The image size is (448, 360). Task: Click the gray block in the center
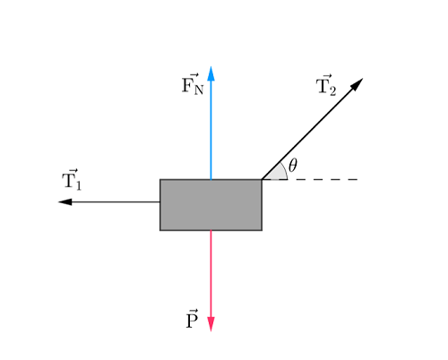tap(211, 204)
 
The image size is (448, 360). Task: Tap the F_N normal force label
tap(192, 86)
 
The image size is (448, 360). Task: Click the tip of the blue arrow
tap(211, 68)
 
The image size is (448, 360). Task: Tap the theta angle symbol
tap(293, 167)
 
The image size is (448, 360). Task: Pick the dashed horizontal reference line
tap(323, 179)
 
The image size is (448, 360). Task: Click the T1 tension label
tap(72, 179)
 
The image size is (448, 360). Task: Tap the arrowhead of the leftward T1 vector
tap(62, 201)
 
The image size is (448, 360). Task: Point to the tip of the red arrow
tap(211, 329)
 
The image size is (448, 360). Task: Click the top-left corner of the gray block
tap(160, 179)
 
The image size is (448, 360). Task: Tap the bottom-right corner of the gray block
tap(262, 230)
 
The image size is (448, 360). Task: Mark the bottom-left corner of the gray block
tap(160, 230)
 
